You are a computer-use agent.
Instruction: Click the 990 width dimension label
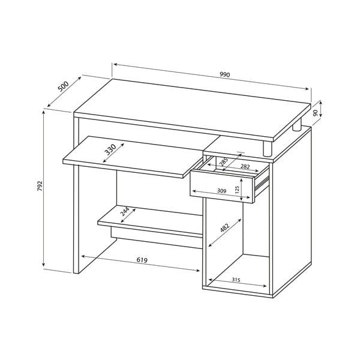[x=224, y=74]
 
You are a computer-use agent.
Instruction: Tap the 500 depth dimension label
[x=63, y=86]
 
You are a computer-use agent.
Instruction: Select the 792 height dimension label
[x=40, y=186]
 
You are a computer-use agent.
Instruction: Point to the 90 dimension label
[x=316, y=113]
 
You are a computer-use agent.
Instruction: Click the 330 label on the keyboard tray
[x=110, y=149]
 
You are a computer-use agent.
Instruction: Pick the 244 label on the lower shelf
[x=125, y=212]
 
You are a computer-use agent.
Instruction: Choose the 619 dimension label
[x=142, y=260]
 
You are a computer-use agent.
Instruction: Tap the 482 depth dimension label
[x=225, y=228]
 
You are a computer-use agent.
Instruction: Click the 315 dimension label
[x=236, y=280]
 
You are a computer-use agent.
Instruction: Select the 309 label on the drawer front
[x=221, y=191]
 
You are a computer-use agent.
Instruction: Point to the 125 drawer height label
[x=238, y=189]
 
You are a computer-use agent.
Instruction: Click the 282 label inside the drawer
[x=245, y=166]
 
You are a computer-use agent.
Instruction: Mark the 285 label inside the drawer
[x=223, y=162]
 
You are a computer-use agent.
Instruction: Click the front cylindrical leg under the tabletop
[x=268, y=149]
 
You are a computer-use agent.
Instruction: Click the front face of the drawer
[x=221, y=187]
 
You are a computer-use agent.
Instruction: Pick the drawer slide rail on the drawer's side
[x=262, y=183]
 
